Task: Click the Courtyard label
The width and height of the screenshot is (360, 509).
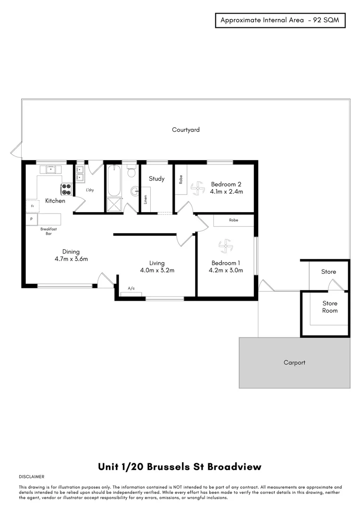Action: coord(186,130)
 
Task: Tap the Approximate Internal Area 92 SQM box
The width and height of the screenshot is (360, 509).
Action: coord(280,20)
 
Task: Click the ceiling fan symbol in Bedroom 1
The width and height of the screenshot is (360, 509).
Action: coord(226,245)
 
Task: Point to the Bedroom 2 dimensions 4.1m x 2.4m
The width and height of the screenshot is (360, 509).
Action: coord(227,192)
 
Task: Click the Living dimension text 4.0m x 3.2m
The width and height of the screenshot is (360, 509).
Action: coord(157,271)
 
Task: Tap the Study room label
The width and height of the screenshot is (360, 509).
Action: coord(156,179)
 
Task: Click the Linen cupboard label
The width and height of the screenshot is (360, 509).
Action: coord(146,200)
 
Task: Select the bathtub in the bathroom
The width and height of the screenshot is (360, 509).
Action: coord(114,181)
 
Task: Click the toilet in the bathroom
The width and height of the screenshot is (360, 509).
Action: coord(131,172)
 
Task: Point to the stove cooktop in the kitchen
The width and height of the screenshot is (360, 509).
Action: coord(66,189)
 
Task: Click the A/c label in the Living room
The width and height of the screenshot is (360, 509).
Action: coord(131,288)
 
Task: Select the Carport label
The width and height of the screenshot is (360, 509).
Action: coord(295,362)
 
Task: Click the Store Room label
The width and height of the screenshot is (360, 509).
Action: coord(330,307)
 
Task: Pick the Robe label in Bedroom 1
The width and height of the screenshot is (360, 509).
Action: coord(233,220)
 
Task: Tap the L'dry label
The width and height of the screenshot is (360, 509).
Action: coord(90,190)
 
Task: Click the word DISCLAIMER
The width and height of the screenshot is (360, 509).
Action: coord(32,477)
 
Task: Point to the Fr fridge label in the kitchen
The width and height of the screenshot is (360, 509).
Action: coord(32,206)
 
